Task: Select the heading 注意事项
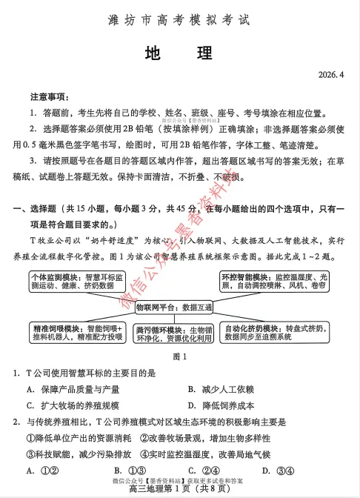tap(50, 97)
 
